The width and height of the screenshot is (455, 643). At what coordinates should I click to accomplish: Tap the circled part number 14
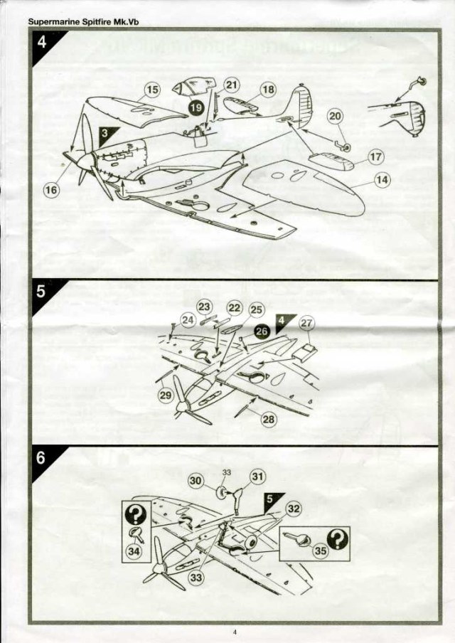(382, 180)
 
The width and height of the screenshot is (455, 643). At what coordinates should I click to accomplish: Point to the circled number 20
(335, 117)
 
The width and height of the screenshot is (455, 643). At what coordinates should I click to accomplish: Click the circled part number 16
(51, 190)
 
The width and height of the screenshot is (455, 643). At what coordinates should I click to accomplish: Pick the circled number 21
(232, 85)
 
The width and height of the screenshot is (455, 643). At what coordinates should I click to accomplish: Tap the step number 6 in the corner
(41, 458)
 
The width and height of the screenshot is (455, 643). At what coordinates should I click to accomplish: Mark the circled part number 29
(165, 395)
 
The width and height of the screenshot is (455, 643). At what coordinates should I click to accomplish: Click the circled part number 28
(269, 419)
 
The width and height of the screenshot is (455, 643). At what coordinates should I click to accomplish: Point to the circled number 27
(306, 324)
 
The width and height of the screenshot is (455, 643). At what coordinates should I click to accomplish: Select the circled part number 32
(294, 508)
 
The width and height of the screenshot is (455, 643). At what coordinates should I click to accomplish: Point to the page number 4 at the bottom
(234, 631)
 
